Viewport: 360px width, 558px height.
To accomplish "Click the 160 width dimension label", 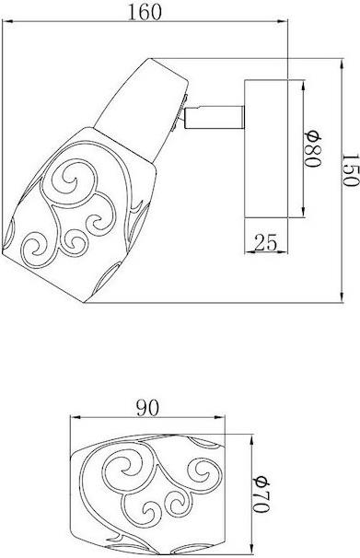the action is pyautogui.click(x=145, y=12).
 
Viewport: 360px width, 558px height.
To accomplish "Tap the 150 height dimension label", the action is pyautogui.click(x=350, y=170).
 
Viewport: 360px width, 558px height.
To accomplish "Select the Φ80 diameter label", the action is pyautogui.click(x=313, y=148).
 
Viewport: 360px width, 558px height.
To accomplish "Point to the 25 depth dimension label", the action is pyautogui.click(x=266, y=243).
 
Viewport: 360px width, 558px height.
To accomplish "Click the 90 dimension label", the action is pyautogui.click(x=147, y=408).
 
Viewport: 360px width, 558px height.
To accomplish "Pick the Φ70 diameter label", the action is pyautogui.click(x=262, y=494).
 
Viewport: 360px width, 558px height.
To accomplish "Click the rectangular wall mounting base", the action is pyautogui.click(x=266, y=149).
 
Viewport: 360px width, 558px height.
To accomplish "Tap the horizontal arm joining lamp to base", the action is pyautogui.click(x=215, y=118).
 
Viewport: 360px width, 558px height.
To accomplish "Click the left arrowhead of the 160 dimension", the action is pyautogui.click(x=7, y=22).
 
